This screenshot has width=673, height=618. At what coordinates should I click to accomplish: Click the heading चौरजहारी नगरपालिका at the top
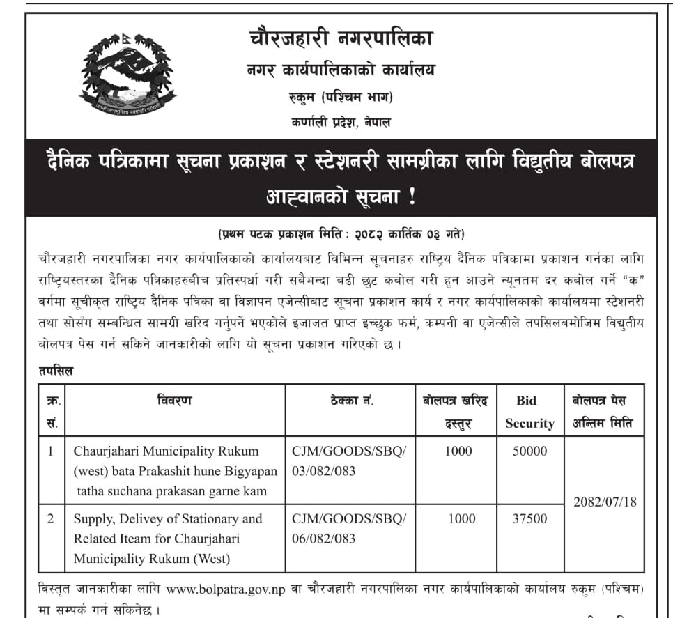[x=341, y=38]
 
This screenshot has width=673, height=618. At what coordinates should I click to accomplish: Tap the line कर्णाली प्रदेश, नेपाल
[x=341, y=122]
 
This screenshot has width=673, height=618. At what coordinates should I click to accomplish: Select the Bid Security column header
[x=529, y=412]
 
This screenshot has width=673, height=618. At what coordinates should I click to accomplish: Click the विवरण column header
[x=174, y=401]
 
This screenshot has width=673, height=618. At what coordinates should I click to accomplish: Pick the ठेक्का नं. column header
[x=350, y=401]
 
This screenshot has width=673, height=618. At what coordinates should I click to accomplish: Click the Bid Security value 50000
[x=529, y=451]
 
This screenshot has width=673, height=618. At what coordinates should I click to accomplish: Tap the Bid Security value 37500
[x=529, y=518]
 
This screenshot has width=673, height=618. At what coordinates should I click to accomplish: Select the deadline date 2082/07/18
[x=604, y=502]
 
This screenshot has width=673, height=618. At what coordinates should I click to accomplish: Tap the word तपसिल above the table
[x=56, y=371]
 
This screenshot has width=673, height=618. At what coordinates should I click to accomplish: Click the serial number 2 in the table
[x=50, y=518]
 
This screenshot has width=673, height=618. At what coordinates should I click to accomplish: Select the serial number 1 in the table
[x=50, y=451]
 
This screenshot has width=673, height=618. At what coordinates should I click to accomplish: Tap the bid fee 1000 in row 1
[x=458, y=451]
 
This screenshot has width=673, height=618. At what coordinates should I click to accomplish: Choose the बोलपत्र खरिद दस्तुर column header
[x=456, y=412]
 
